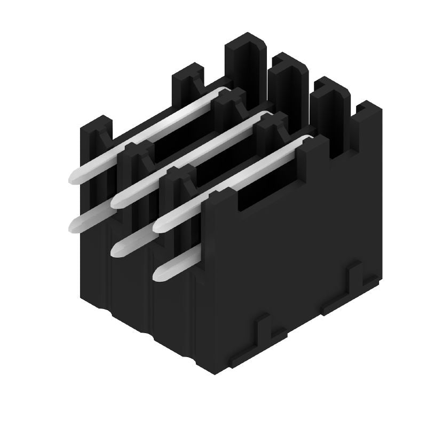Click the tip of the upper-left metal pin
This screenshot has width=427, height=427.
(x=74, y=178)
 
